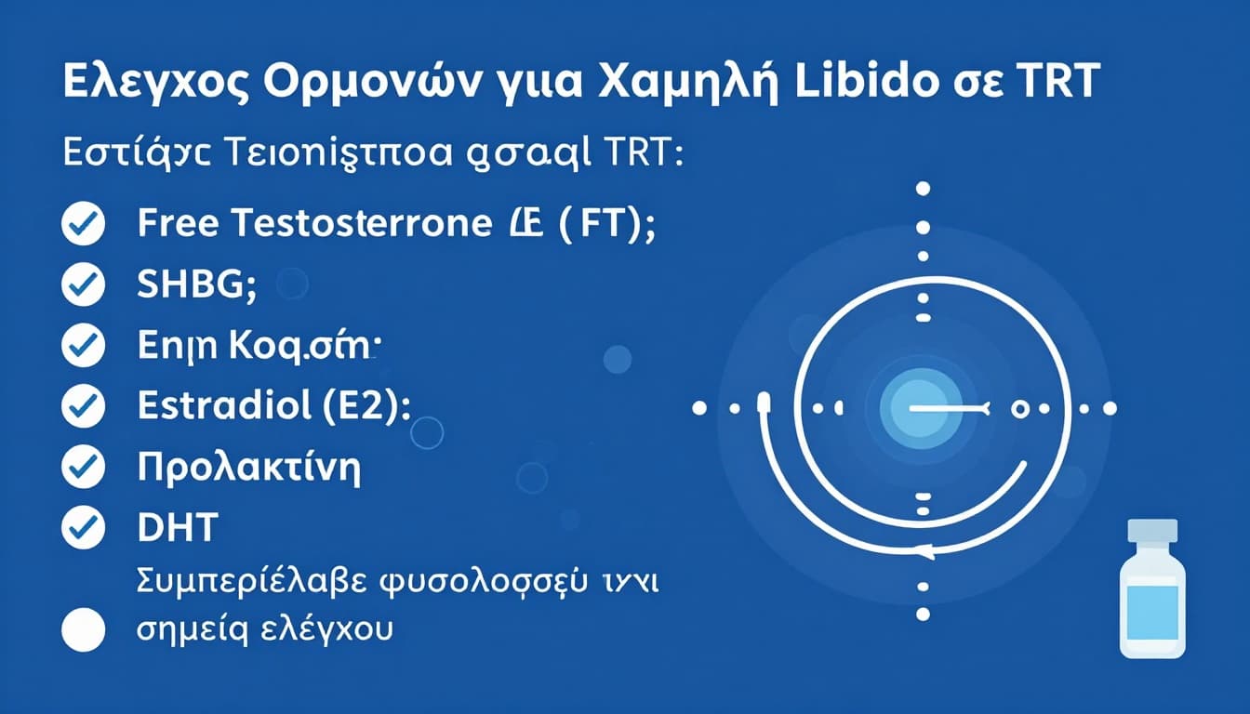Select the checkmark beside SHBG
pyautogui.click(x=83, y=285)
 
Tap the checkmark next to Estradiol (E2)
pyautogui.click(x=83, y=406)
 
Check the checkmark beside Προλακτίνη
pyautogui.click(x=83, y=468)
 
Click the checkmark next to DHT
pyautogui.click(x=83, y=528)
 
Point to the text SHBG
pyautogui.click(x=195, y=285)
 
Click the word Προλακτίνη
pyautogui.click(x=248, y=468)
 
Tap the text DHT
pyautogui.click(x=177, y=528)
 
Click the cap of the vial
pyautogui.click(x=1151, y=531)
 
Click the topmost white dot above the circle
pyautogui.click(x=923, y=188)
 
